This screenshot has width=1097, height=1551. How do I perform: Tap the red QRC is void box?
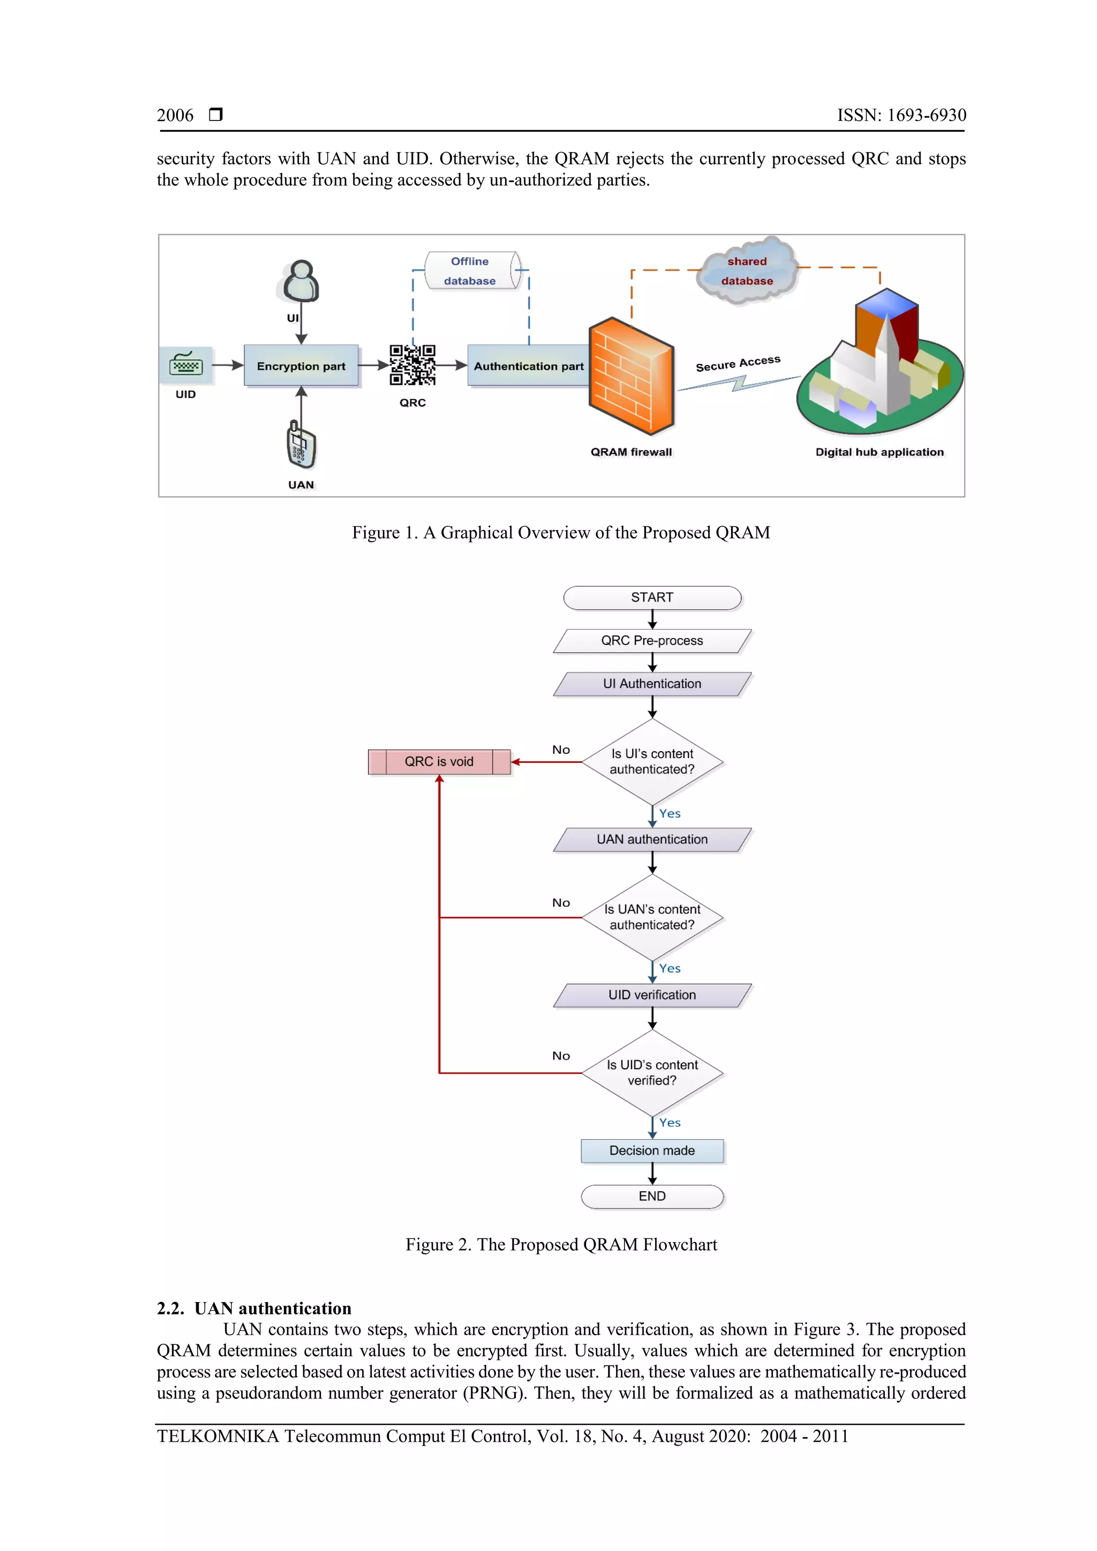pyautogui.click(x=439, y=761)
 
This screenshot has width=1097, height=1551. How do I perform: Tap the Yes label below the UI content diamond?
pyautogui.click(x=670, y=813)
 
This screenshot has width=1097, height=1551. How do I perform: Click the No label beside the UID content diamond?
pyautogui.click(x=561, y=1056)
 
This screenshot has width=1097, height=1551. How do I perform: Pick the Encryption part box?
pyautogui.click(x=301, y=366)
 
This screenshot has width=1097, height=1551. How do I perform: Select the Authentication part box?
pyautogui.click(x=528, y=366)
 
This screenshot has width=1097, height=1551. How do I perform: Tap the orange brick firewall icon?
pyautogui.click(x=630, y=376)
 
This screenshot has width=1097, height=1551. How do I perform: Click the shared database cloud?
pyautogui.click(x=748, y=270)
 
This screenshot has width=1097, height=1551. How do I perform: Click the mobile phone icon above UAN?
pyautogui.click(x=301, y=445)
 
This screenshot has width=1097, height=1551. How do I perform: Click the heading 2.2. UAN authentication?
pyautogui.click(x=254, y=1308)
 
